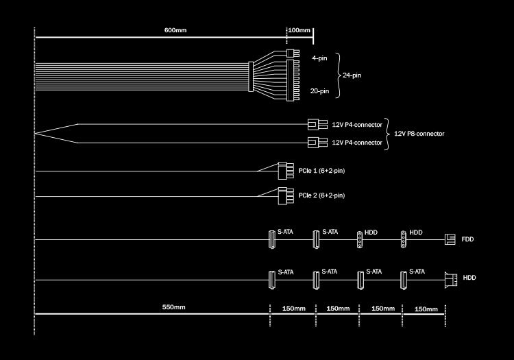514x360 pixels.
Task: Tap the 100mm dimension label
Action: (x=300, y=31)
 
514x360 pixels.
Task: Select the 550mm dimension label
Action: (x=174, y=307)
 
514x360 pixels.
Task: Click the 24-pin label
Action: (x=352, y=75)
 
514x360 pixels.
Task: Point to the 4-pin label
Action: (x=319, y=59)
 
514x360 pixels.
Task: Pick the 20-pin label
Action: (x=319, y=91)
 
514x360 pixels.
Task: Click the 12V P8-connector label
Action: (x=419, y=133)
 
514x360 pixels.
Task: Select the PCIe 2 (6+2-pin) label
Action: (x=321, y=195)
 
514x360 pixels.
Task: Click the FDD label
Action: (x=467, y=239)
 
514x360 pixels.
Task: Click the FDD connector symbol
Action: (x=450, y=239)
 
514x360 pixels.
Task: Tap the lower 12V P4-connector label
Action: (x=357, y=143)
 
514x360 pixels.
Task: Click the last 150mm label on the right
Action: (x=426, y=309)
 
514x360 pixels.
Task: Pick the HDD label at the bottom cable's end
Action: (x=469, y=278)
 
